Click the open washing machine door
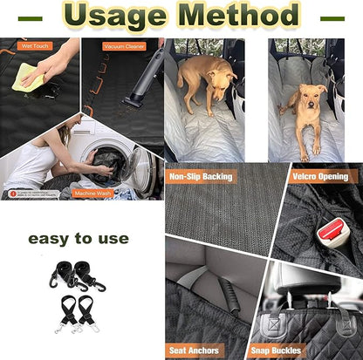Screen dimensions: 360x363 point(140,171)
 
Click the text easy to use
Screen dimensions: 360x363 point(78,238)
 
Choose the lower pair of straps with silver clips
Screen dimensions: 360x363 point(78,312)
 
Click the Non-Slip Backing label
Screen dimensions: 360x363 point(202,176)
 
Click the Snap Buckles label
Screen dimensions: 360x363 point(275,350)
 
